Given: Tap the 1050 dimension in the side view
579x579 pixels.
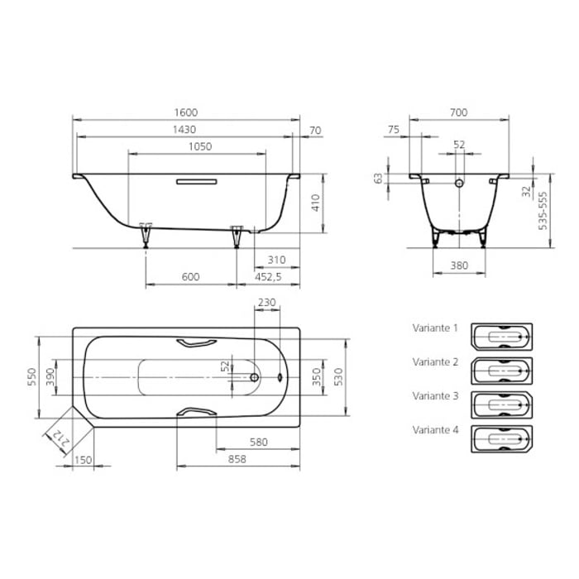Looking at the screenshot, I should [x=198, y=146].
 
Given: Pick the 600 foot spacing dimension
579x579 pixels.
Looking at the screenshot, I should [x=191, y=278].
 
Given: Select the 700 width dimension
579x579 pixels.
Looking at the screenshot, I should [x=459, y=112].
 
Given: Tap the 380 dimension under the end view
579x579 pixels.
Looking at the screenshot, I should [x=460, y=266].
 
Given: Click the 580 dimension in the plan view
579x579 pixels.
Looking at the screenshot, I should [x=258, y=442].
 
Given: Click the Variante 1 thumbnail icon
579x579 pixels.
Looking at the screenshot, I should [x=501, y=337].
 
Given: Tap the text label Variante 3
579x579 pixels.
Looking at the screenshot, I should [x=435, y=396].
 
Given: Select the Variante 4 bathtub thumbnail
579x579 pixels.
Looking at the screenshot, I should [x=501, y=438].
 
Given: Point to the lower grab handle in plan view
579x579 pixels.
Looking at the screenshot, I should [x=198, y=411].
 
